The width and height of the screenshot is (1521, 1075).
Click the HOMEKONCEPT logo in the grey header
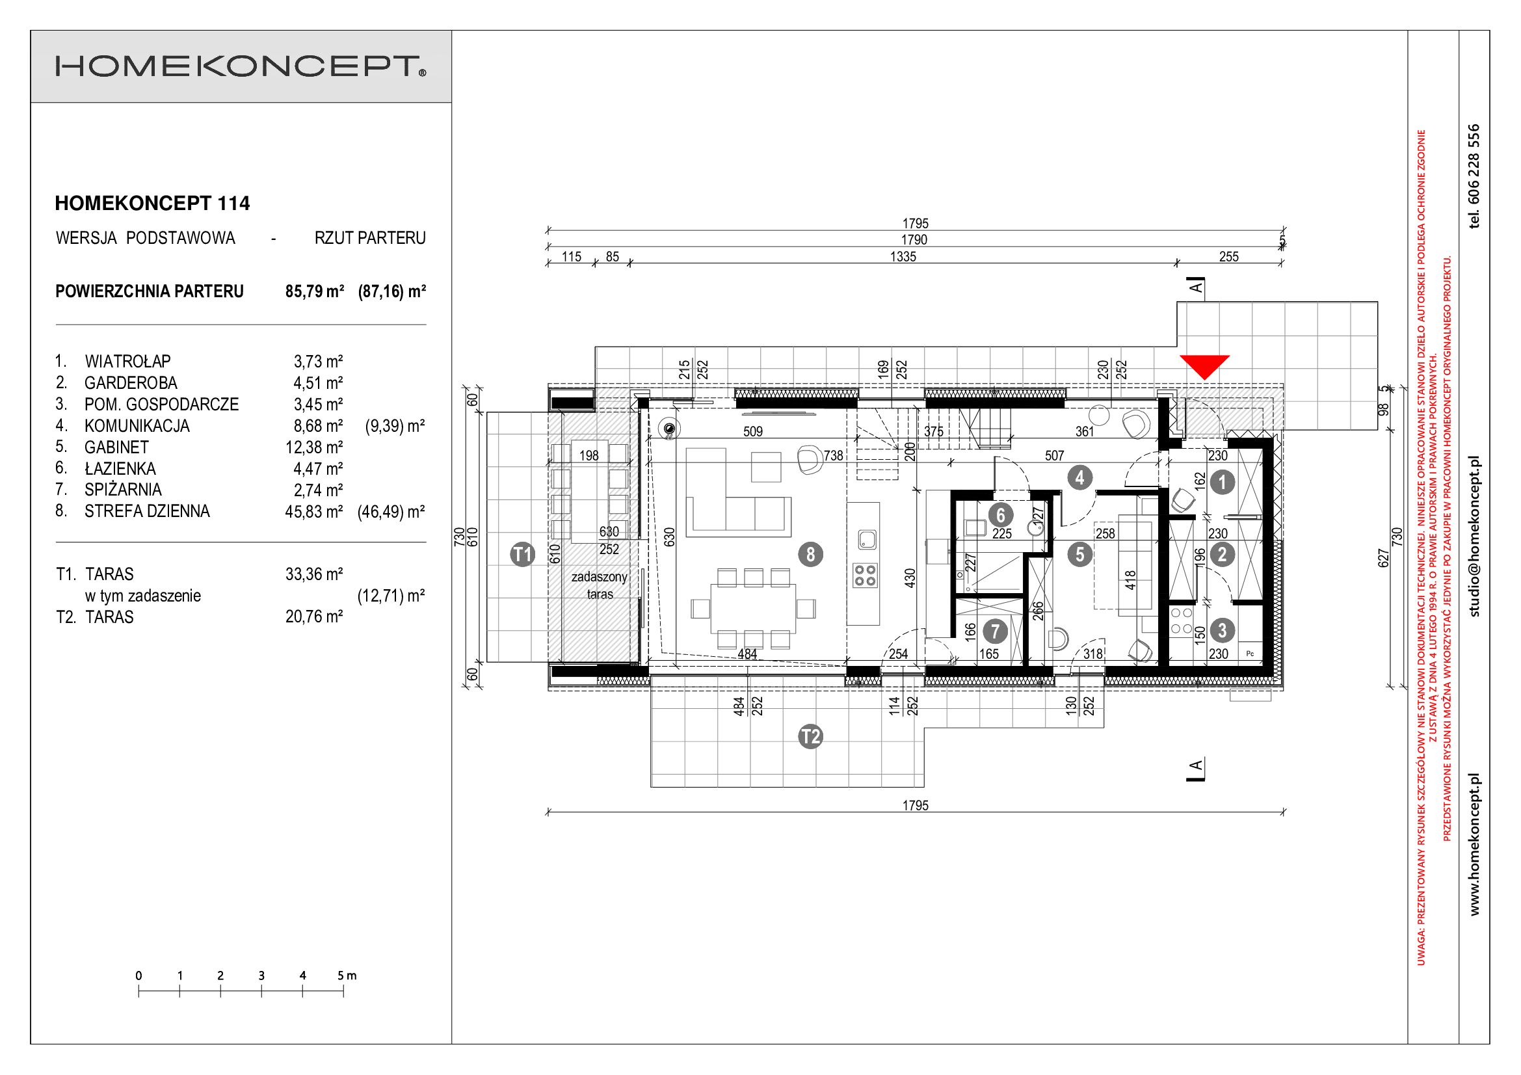coord(241,66)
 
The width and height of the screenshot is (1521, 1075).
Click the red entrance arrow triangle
coord(1204,364)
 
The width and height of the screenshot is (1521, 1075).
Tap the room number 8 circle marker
coord(810,553)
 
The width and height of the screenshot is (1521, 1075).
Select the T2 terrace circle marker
coord(810,737)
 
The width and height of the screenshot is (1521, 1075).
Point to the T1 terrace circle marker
coord(523,553)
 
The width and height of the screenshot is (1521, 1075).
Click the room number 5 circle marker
coord(1080,553)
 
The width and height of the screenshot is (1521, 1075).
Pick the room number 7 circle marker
coord(995,631)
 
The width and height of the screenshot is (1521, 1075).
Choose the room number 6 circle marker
coord(1000,514)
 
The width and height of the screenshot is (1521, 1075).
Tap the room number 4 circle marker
coord(1080,477)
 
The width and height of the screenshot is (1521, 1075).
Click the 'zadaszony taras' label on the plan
coord(600,585)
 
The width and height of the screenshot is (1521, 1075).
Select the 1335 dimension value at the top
coord(903,256)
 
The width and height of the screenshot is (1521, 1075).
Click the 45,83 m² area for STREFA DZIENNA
coord(314,512)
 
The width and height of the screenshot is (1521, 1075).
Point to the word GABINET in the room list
coord(116,447)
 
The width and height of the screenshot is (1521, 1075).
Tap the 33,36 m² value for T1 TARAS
coord(314,574)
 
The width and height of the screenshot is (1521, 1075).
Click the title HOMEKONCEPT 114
coord(152,204)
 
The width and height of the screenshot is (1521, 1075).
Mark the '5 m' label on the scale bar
coord(347,975)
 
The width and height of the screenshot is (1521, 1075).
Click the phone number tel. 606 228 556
coord(1474,176)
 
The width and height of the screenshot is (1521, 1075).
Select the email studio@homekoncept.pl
coord(1474,537)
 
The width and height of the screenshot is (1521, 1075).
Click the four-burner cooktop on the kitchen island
coord(864,575)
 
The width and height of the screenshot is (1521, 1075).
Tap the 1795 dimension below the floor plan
coord(916,805)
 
